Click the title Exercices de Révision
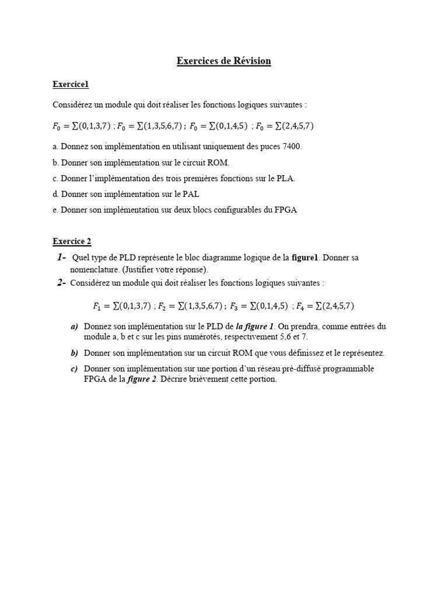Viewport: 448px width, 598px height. (x=224, y=61)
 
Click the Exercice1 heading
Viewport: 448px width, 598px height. (x=71, y=85)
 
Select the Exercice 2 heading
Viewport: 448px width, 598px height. (x=72, y=241)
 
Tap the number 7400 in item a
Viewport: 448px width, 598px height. (x=292, y=147)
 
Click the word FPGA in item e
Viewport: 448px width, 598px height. (x=286, y=210)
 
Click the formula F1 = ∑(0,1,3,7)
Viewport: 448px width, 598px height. (x=122, y=305)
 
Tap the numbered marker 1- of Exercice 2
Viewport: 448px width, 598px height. (x=61, y=258)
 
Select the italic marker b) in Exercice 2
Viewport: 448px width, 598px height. (x=74, y=353)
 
